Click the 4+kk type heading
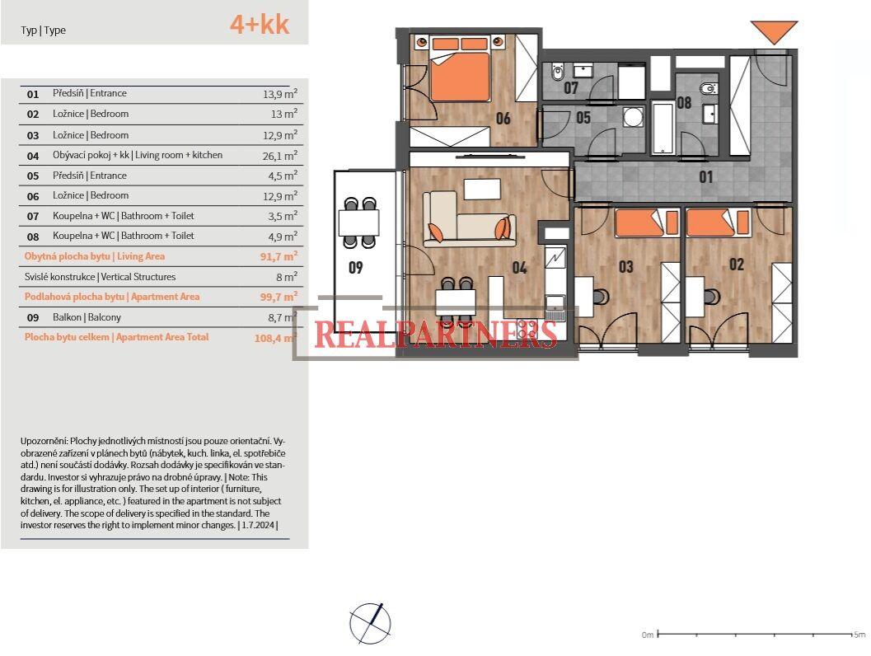[x=259, y=25]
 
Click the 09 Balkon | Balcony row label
[x=87, y=317]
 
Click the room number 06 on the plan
[x=503, y=119]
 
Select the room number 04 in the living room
[x=519, y=267]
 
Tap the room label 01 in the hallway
[x=706, y=176]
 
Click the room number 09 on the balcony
[x=355, y=267]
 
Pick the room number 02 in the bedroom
[x=736, y=265]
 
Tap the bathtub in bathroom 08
[x=663, y=128]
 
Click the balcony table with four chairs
[x=359, y=223]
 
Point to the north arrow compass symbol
[x=370, y=623]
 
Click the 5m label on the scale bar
[x=859, y=635]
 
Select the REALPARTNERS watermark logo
[x=435, y=334]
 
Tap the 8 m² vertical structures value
[x=286, y=278]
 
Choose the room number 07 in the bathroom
[x=571, y=88]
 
